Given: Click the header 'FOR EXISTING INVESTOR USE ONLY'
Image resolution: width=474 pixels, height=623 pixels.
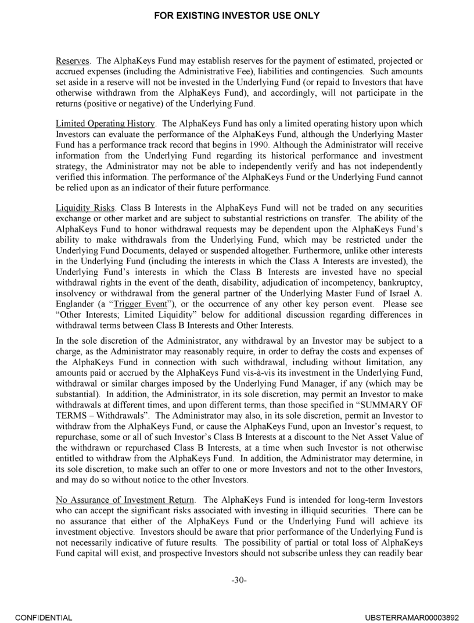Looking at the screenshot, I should click(237, 16).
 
